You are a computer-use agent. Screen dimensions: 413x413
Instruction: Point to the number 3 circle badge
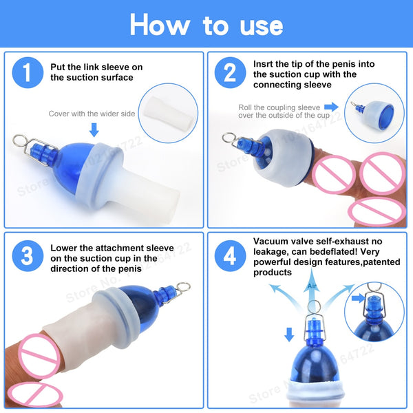(27, 256)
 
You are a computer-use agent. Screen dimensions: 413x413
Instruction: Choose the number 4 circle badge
(230, 256)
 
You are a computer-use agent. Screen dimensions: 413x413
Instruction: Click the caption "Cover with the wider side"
(92, 114)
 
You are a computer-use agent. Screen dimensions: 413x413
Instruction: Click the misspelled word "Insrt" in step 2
(266, 63)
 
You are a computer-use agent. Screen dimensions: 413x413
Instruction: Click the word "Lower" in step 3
(65, 247)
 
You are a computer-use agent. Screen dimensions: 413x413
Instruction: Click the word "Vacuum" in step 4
(273, 242)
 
